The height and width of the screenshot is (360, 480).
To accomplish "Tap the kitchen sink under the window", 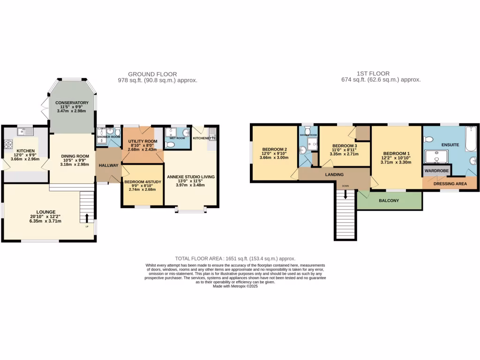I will pos(24,132).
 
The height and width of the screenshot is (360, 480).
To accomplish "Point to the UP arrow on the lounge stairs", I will pos(87,217).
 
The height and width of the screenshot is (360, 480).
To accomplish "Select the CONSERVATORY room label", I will pos(72,103).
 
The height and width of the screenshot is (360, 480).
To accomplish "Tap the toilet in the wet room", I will pos(170,145).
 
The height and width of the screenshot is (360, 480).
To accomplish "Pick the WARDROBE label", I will pos(436,171).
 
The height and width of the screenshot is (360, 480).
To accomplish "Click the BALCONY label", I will pos(389,201).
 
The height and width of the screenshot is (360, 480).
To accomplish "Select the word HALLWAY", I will pos(108,165).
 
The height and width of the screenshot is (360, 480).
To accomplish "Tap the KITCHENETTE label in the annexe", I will pos(205,138).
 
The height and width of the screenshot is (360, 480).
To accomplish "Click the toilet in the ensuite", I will pos(427,139).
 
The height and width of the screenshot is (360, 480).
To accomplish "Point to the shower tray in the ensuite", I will pos(436,157).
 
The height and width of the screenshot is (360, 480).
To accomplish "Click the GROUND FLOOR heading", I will pos(152,74).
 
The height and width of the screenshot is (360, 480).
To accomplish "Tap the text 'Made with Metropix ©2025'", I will pos(235,286).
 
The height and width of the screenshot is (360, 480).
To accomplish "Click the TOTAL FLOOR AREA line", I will pos(235,258).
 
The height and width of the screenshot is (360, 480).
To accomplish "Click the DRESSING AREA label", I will pos(450,184).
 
